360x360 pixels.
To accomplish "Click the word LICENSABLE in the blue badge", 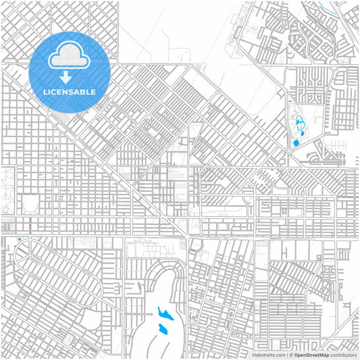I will [x=70, y=92].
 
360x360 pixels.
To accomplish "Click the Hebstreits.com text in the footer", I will [x=268, y=355].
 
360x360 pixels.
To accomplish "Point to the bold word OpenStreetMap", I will [x=311, y=355].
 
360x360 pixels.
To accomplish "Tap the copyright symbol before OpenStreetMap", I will [x=290, y=355].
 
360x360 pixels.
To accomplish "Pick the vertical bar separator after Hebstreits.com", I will [x=285, y=355].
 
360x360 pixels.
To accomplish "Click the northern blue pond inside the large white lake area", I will [x=163, y=314].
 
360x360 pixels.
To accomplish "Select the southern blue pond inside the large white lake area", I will [x=162, y=329].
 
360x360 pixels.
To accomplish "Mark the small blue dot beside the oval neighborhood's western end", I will [x=19, y=239].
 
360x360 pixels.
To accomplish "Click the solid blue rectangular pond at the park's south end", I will [x=296, y=143].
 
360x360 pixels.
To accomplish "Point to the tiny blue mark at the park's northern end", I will [x=289, y=101].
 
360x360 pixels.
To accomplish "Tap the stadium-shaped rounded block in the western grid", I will [x=30, y=203].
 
